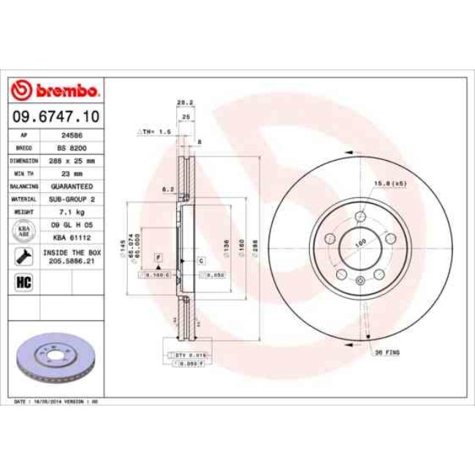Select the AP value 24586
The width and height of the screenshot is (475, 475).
71,134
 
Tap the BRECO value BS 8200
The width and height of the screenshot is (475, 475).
71,147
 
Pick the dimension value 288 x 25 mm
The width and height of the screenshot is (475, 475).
71,159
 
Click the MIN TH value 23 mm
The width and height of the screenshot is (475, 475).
71,174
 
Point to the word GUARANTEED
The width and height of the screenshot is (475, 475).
71,186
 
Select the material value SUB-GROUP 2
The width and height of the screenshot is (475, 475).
71,199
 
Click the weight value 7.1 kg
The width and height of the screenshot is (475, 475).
71,211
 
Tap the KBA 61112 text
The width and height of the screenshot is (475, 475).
71,237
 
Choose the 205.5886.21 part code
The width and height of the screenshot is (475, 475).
71,259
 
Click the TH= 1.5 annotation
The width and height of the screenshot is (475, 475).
154,131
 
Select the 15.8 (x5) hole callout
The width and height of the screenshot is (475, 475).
389,182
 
